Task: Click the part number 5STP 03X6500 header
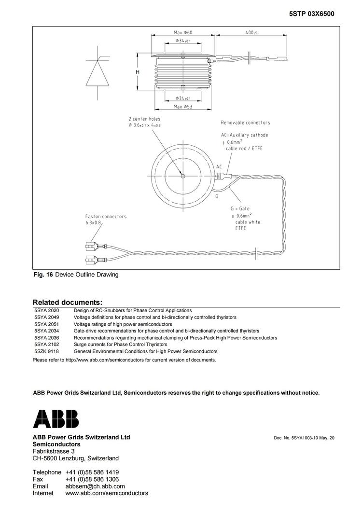click(x=311, y=14)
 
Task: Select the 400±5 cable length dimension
click(x=251, y=32)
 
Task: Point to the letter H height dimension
click(x=138, y=72)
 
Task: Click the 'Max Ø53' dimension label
click(x=182, y=106)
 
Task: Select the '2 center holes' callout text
click(x=144, y=119)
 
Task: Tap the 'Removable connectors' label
click(x=245, y=123)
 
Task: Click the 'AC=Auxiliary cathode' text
click(x=244, y=135)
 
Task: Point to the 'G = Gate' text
click(x=240, y=208)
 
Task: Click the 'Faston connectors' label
click(x=106, y=216)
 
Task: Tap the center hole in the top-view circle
click(x=183, y=176)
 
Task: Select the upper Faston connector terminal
click(x=90, y=246)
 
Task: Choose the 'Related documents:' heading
click(x=67, y=302)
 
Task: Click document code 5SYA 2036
click(x=46, y=338)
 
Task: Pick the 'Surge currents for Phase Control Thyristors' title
click(x=120, y=345)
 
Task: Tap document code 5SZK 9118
click(x=46, y=351)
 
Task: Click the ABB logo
click(x=56, y=418)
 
